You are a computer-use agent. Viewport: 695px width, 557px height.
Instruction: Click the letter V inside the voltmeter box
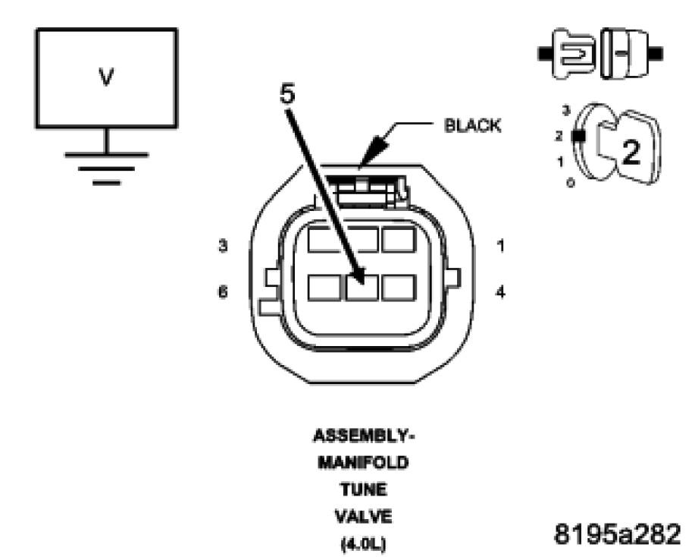coord(107,78)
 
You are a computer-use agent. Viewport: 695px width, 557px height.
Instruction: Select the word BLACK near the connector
coord(472,125)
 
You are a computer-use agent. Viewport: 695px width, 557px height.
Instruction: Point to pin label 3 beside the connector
coord(222,247)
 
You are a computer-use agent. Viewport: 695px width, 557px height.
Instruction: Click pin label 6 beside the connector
coord(222,291)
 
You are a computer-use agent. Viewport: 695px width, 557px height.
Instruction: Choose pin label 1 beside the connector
coord(499,247)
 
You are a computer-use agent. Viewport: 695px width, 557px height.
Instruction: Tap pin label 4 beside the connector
coord(499,291)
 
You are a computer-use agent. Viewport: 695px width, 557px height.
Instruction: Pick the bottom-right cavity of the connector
coord(398,288)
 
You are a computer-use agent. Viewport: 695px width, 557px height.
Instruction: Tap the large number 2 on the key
coord(631,152)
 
